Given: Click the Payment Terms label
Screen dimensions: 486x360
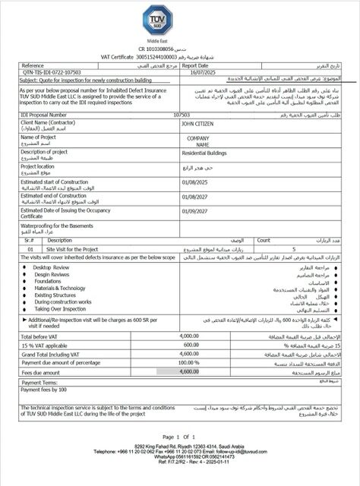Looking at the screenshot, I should click(43, 383).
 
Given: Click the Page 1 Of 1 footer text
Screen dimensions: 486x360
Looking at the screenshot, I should click(178, 436).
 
